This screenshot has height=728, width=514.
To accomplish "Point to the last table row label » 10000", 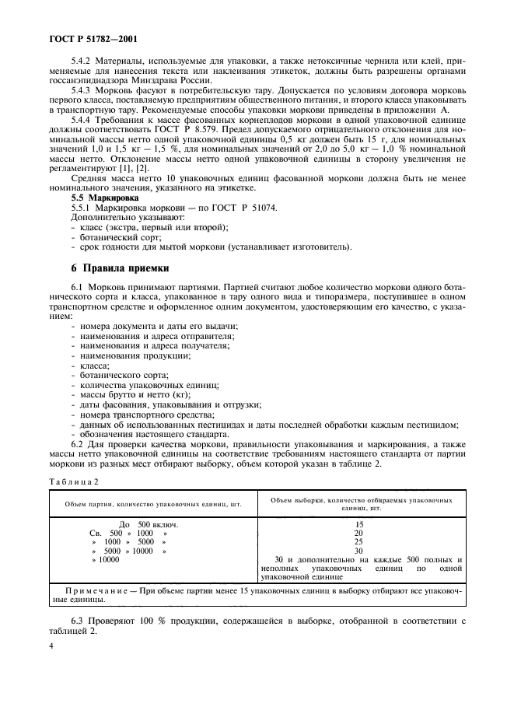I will coord(107,559).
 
